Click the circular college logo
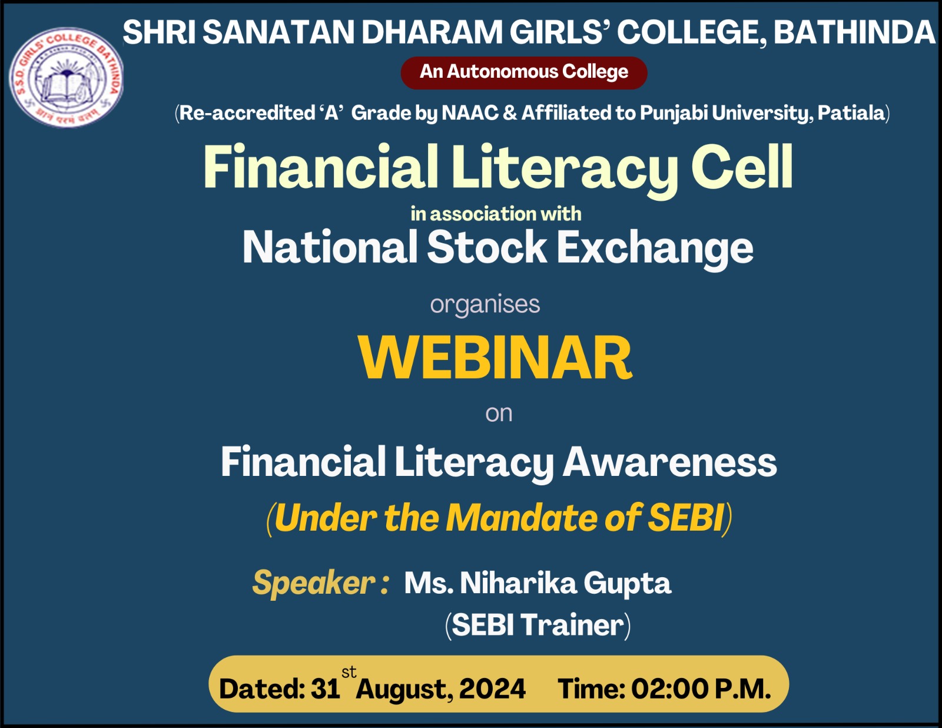click(67, 78)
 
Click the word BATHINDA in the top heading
click(854, 32)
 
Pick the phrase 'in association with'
click(496, 214)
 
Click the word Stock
click(486, 247)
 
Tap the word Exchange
click(655, 248)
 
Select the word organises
click(485, 305)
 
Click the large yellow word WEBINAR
click(495, 358)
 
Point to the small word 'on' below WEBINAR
click(499, 413)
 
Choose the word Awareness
click(669, 462)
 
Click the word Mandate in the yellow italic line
click(522, 518)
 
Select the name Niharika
click(518, 583)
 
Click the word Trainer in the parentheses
click(572, 625)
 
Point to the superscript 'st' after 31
click(349, 672)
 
